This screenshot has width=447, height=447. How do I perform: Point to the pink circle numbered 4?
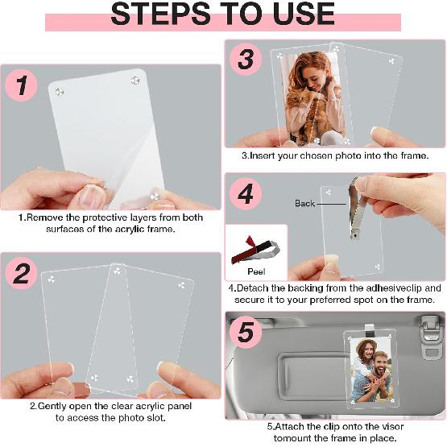(x=246, y=194)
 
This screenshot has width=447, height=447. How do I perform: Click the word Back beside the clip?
(x=305, y=204)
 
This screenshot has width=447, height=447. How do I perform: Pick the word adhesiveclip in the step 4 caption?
(x=391, y=288)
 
